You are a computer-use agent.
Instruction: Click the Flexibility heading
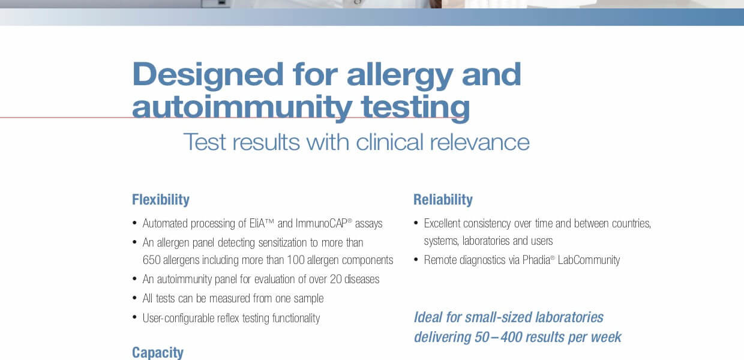pyautogui.click(x=161, y=200)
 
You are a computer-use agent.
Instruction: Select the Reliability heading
pyautogui.click(x=443, y=200)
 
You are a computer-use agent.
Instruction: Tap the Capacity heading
pyautogui.click(x=158, y=353)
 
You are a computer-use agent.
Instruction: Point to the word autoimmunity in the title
pyautogui.click(x=242, y=108)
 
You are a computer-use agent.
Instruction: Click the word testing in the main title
pyautogui.click(x=416, y=108)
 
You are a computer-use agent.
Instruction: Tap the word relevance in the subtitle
pyautogui.click(x=479, y=142)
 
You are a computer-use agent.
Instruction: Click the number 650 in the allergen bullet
pyautogui.click(x=151, y=260)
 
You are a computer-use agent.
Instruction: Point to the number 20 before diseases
pyautogui.click(x=336, y=279)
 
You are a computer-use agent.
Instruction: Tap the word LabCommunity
pyautogui.click(x=589, y=260)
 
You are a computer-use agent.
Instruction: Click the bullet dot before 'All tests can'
pyautogui.click(x=134, y=298)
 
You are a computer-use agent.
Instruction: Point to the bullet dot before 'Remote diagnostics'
pyautogui.click(x=416, y=259)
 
